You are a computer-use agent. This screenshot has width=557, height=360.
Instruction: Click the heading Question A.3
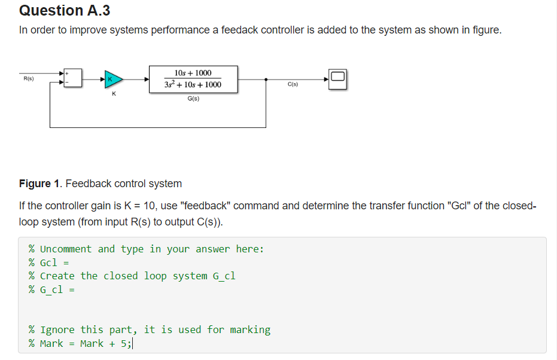(x=65, y=11)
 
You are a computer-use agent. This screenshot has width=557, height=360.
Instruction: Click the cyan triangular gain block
(x=113, y=78)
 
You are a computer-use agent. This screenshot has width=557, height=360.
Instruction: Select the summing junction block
(x=74, y=78)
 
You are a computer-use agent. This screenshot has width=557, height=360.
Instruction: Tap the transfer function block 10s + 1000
(x=193, y=79)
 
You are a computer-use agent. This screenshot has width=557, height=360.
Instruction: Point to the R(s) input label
(x=28, y=78)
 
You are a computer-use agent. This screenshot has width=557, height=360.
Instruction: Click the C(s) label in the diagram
(x=293, y=84)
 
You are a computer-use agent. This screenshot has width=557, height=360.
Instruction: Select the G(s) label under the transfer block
(x=193, y=99)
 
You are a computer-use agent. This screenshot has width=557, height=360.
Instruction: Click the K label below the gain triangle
(x=114, y=94)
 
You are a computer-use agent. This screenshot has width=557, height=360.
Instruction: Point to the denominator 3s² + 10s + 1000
(x=193, y=85)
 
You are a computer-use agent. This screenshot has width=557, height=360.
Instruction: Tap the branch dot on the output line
(x=266, y=79)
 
